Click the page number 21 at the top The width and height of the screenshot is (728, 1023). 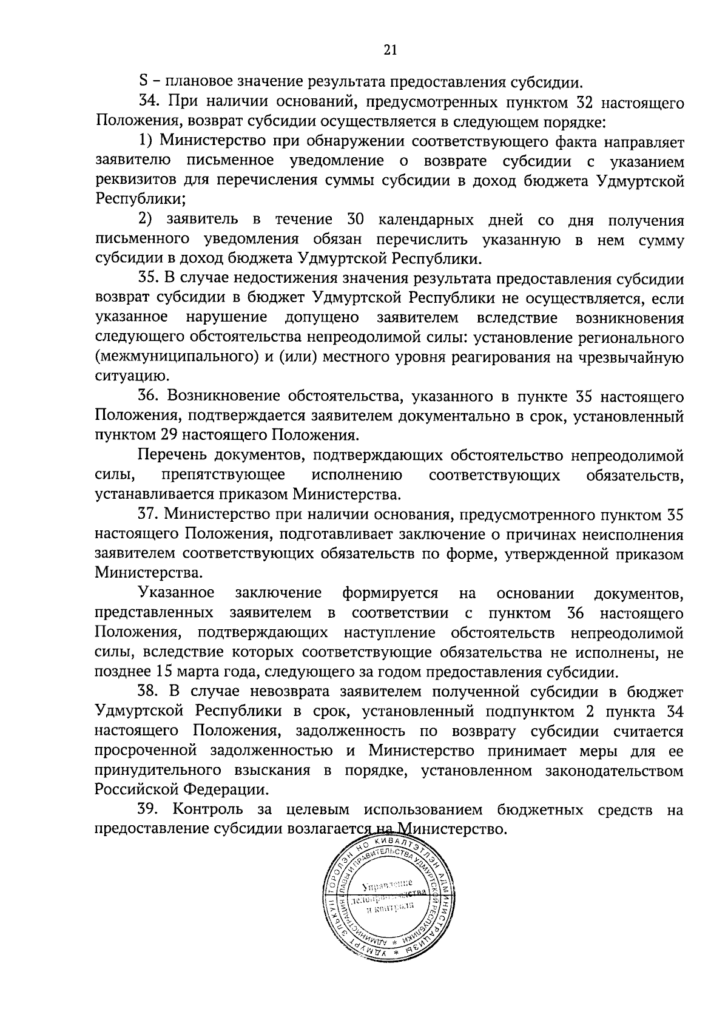(389, 51)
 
